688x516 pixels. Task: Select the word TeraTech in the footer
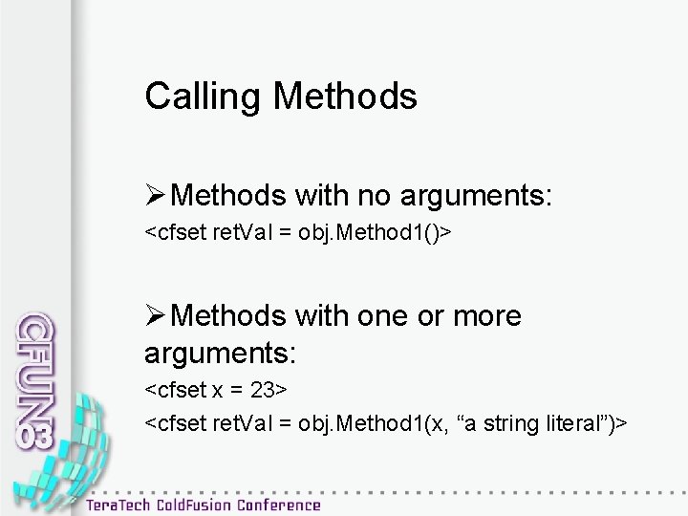[x=127, y=503]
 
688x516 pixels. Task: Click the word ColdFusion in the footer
[x=206, y=503]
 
